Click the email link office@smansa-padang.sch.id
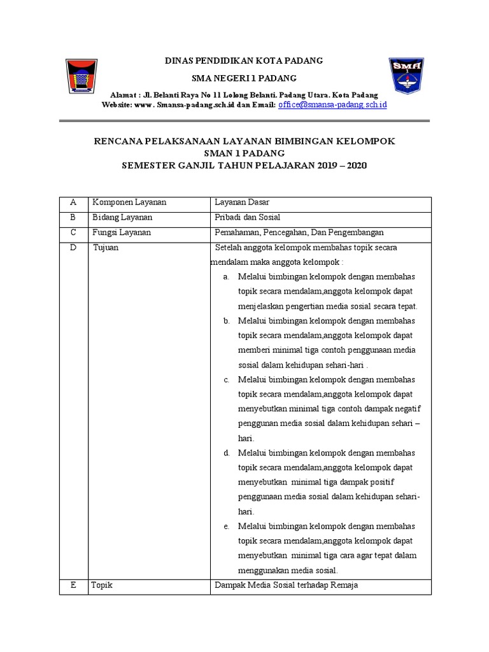tap(332, 104)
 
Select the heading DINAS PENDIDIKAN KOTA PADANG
tap(244, 60)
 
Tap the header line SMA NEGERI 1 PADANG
tap(244, 78)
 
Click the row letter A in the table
tap(73, 202)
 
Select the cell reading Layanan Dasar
tap(242, 202)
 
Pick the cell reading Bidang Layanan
tap(122, 218)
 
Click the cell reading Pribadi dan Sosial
tap(248, 218)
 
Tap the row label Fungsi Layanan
tap(122, 232)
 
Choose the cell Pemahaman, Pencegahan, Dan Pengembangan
tap(299, 232)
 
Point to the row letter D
tap(73, 248)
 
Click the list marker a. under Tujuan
tap(226, 277)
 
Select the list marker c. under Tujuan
tap(226, 379)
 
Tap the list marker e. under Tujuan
tap(226, 527)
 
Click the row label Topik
tap(103, 585)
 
